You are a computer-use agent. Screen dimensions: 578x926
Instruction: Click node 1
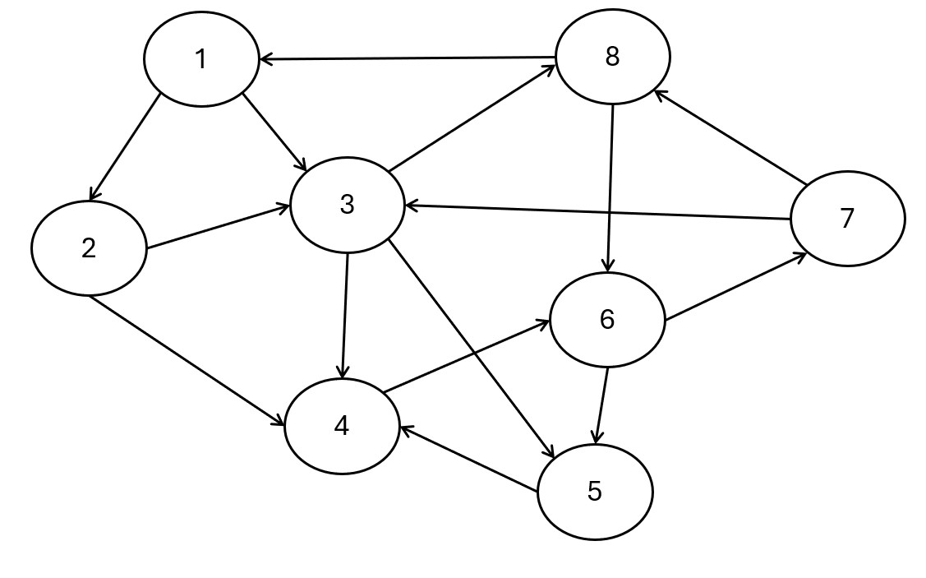point(200,59)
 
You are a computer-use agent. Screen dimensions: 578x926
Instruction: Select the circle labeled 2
point(89,248)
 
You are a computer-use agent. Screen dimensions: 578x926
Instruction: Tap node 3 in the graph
point(347,205)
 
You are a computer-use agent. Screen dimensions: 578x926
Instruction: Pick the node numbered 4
point(342,426)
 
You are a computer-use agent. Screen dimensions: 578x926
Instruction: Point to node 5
point(595,492)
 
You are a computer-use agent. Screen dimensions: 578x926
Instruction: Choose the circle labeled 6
point(606,319)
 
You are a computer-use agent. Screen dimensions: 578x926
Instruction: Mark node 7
point(847,219)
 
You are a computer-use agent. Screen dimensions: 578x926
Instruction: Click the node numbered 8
point(612,57)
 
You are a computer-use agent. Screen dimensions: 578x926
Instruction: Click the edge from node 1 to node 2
point(125,147)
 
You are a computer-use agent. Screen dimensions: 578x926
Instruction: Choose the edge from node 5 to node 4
point(468,459)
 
